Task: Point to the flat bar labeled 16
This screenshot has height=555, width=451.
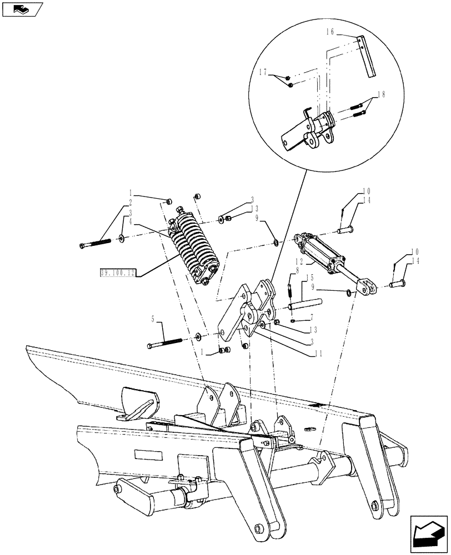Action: [x=367, y=56]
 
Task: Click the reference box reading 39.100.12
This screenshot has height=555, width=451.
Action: [x=118, y=273]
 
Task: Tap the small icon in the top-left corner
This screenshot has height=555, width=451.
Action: [x=22, y=8]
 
